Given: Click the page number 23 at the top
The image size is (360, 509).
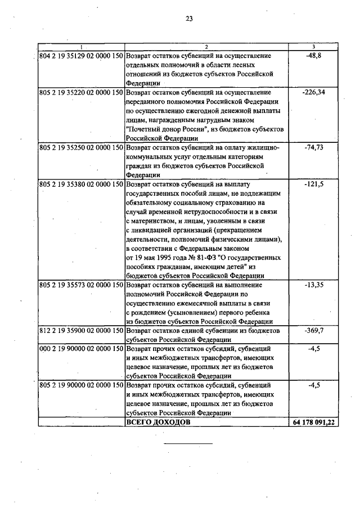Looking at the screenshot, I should click(x=189, y=19).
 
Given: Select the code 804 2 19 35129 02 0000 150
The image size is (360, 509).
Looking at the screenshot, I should click(x=81, y=56).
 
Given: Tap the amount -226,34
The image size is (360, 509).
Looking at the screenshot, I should click(x=313, y=92).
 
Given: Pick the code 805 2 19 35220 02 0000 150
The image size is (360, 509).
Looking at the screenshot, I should click(x=81, y=92).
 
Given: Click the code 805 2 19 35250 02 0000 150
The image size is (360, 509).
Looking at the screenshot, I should click(x=81, y=147).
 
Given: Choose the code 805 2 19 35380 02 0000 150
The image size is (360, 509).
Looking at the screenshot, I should click(x=81, y=184).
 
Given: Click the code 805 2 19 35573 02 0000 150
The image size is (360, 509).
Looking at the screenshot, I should click(x=81, y=285).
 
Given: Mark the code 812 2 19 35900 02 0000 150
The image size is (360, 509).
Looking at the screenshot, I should click(x=81, y=331).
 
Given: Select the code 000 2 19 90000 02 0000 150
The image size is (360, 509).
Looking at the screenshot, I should click(x=81, y=349).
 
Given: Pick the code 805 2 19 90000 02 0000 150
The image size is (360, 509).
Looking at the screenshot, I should click(x=81, y=386).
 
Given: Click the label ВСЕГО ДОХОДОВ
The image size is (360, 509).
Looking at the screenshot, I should click(x=159, y=422).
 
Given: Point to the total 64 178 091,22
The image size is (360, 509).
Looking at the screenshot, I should click(x=314, y=422).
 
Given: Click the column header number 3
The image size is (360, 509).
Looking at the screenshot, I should click(x=313, y=46).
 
